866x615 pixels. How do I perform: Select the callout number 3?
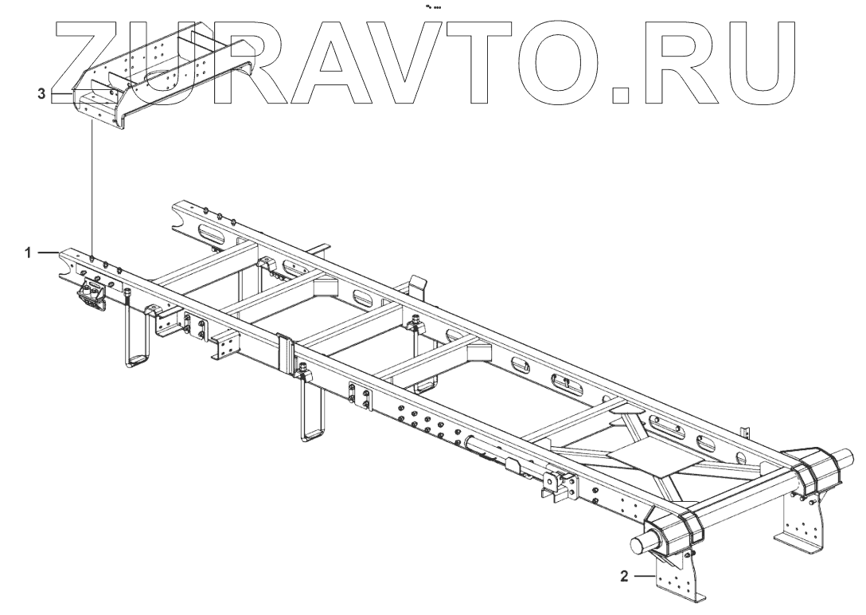click(x=41, y=94)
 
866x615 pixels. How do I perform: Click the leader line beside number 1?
click(x=47, y=253)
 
